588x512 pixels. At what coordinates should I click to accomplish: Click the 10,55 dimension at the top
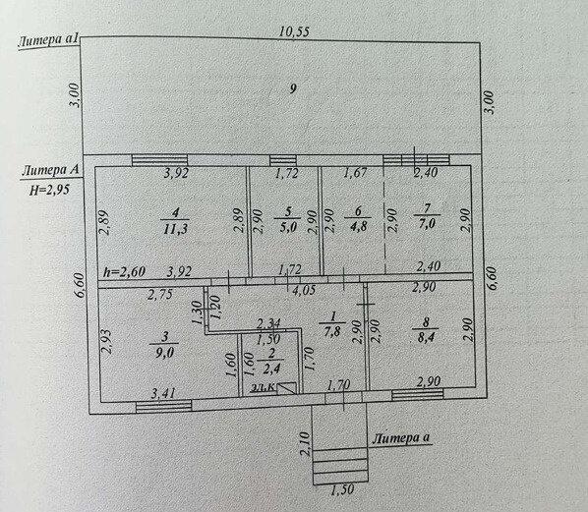point(294,31)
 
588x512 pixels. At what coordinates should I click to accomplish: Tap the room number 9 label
point(293,88)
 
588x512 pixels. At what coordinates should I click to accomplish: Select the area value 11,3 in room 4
point(175,229)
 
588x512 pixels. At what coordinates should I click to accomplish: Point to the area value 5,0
point(287,228)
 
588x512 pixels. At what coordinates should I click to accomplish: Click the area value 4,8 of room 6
point(358,227)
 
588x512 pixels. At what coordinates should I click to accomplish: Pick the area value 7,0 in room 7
point(427,224)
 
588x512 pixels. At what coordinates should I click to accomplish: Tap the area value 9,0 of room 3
point(164,352)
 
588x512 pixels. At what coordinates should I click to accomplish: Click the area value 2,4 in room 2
point(271,370)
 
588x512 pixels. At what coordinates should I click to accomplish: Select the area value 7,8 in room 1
point(332,332)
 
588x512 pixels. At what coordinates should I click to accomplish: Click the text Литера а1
point(48,40)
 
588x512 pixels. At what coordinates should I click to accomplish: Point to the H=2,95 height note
point(50,190)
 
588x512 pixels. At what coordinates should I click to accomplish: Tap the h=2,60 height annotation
point(125,272)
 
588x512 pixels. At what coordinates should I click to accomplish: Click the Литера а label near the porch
point(401,437)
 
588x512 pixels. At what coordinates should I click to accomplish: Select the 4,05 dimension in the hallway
point(303,290)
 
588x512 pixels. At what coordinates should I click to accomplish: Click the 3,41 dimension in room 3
point(164,393)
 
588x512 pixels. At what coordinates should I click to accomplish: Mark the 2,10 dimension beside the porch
point(305,444)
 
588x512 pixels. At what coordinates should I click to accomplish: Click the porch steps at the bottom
point(340,466)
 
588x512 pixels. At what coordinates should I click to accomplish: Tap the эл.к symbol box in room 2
point(287,388)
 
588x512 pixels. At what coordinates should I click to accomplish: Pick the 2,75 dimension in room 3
point(160,295)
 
